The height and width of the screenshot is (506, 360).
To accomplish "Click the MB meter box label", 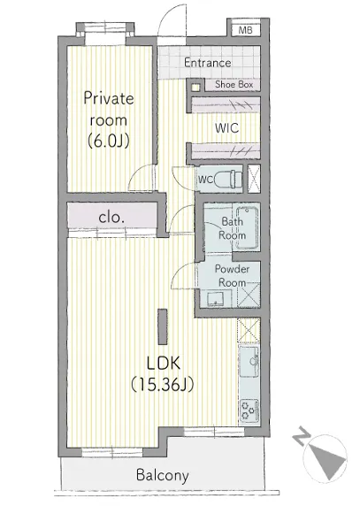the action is pyautogui.click(x=246, y=30).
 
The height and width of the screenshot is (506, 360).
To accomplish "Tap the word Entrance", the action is pyautogui.click(x=208, y=63).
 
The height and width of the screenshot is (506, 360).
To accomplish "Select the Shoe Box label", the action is pyautogui.click(x=234, y=85).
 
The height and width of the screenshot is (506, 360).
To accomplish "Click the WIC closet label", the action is pyautogui.click(x=227, y=128).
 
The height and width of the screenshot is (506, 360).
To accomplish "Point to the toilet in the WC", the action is pyautogui.click(x=227, y=179).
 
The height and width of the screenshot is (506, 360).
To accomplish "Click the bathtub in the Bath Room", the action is pyautogui.click(x=247, y=228).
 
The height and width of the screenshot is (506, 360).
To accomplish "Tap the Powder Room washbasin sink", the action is pyautogui.click(x=215, y=299).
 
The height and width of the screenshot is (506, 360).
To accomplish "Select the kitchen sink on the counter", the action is pyautogui.click(x=249, y=362).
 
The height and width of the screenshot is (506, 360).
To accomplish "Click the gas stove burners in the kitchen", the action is pyautogui.click(x=249, y=410).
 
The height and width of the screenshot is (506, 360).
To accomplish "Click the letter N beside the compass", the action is pyautogui.click(x=302, y=436).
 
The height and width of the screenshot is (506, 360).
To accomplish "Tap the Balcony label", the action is pyautogui.click(x=162, y=476).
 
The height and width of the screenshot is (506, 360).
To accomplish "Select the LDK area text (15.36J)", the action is pyautogui.click(x=163, y=384).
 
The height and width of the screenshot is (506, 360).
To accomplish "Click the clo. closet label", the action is pyautogui.click(x=111, y=218).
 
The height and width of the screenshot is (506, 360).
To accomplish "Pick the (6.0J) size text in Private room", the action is pyautogui.click(x=109, y=141).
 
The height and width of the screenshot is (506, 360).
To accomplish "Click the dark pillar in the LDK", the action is pyautogui.click(x=162, y=326).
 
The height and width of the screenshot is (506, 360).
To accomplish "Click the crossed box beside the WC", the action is pyautogui.click(x=254, y=179).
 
